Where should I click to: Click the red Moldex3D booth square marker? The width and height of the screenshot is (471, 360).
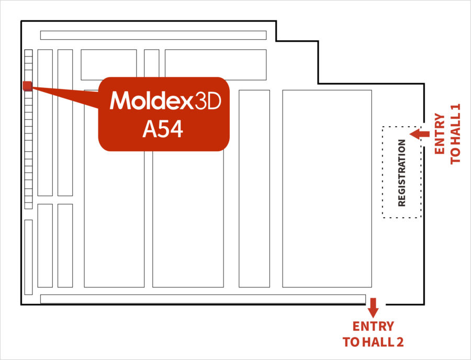point(27,86)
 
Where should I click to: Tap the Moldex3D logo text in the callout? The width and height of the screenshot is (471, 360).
point(165,100)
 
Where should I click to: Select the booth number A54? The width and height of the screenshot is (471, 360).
point(163,129)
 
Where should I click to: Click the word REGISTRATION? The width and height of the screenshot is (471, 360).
point(401,173)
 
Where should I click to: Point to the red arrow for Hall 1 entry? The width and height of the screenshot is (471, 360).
point(420,134)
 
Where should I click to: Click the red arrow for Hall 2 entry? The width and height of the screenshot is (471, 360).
point(373,308)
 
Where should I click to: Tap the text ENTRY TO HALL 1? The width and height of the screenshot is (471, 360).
point(447,134)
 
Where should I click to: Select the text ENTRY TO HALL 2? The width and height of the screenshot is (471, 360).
point(373,334)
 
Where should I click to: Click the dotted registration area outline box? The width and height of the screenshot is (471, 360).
point(383,172)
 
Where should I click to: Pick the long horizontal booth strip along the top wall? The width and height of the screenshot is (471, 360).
point(153,35)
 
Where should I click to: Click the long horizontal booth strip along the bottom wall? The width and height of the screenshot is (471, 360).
point(203,299)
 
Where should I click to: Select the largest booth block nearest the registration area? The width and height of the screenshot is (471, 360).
point(327,188)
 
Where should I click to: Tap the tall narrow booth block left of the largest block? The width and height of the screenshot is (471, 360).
point(254,188)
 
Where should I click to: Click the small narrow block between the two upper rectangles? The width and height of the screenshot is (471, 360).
point(151,63)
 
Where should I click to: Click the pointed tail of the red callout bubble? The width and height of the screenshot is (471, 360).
point(32,87)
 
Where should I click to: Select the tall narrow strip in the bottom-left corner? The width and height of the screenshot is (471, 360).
point(28,257)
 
